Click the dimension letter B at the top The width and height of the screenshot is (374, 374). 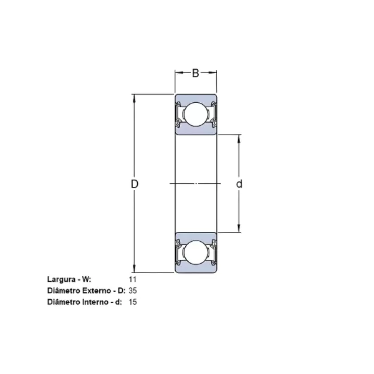point(195,74)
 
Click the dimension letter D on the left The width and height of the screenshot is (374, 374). point(134,184)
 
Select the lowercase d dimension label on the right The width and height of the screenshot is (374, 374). point(239,184)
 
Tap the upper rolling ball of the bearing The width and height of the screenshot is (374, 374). point(195,114)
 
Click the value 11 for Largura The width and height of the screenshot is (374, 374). point(132,280)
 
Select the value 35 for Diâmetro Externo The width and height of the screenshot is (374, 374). point(133,290)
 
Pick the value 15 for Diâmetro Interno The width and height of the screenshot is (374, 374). point(133,302)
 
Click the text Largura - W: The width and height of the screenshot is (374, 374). point(69,280)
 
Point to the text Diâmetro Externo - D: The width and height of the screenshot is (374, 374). point(87,290)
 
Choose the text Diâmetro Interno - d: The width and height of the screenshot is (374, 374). point(85,302)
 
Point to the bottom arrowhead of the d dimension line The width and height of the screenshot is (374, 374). point(239,229)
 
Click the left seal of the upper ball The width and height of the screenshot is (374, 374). point(180,114)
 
